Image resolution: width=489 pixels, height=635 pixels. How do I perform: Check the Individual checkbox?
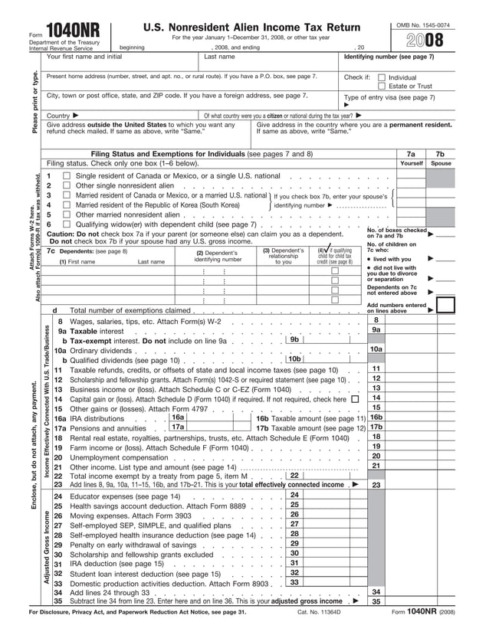(382, 77)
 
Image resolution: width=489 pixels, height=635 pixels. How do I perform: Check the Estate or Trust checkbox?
(382, 87)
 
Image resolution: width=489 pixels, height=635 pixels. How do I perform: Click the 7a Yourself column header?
(411, 158)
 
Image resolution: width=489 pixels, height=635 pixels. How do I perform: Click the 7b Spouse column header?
(440, 158)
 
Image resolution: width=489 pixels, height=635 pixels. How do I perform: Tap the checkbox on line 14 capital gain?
(354, 398)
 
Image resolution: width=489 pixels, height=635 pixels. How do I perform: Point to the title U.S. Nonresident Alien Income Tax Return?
(251, 28)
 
